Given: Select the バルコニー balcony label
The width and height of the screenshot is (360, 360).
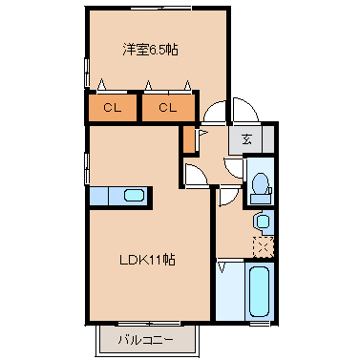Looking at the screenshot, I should pyautogui.click(x=146, y=339).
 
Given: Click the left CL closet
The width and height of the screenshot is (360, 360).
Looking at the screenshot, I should pyautogui.click(x=113, y=108).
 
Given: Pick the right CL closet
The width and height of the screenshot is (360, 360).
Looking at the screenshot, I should pyautogui.click(x=168, y=108).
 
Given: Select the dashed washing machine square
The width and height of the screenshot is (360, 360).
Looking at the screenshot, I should pyautogui.click(x=264, y=245).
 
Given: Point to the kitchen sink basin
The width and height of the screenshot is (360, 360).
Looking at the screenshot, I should pyautogui.click(x=134, y=196).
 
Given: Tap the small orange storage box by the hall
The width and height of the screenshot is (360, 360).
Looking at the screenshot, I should pyautogui.click(x=188, y=139).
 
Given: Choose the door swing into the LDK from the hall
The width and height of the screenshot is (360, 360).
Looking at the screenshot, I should pyautogui.click(x=196, y=175).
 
